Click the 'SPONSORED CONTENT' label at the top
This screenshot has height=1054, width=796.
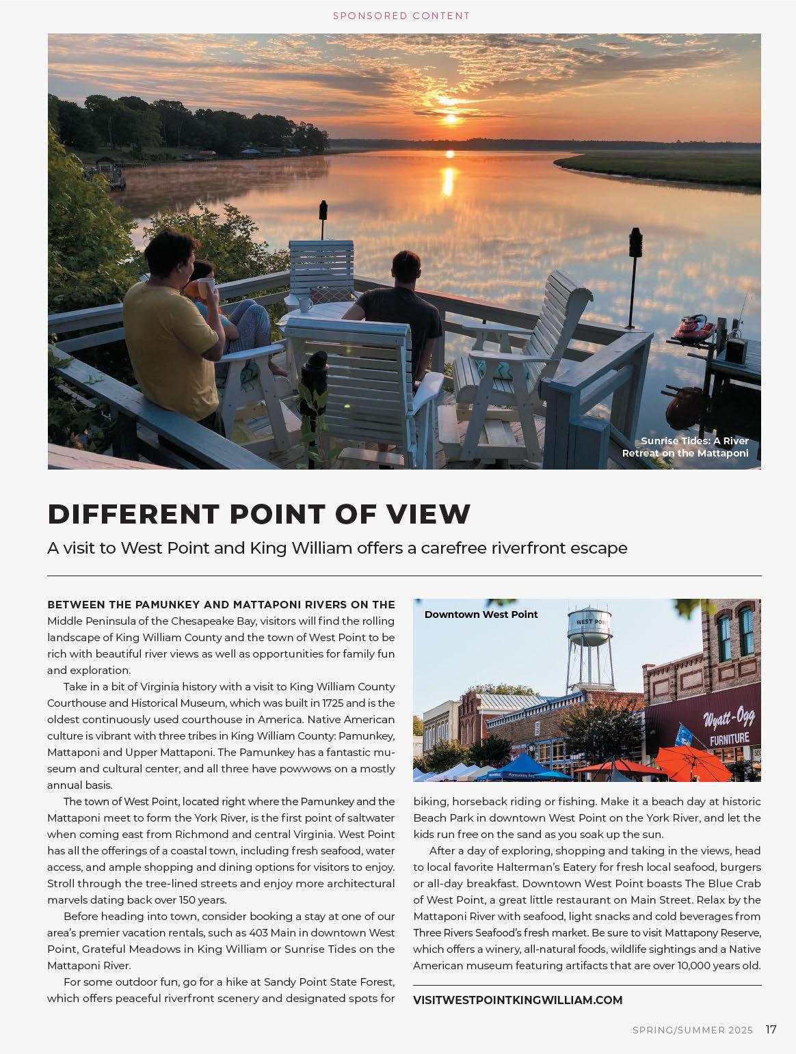pyautogui.click(x=401, y=15)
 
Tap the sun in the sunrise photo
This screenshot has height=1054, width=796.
pyautogui.click(x=450, y=119)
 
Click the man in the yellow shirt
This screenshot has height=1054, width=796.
pyautogui.click(x=168, y=321)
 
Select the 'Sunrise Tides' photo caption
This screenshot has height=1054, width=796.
pyautogui.click(x=685, y=447)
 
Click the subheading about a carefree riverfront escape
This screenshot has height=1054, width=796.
pyautogui.click(x=337, y=548)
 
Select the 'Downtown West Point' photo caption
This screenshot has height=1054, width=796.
pyautogui.click(x=481, y=614)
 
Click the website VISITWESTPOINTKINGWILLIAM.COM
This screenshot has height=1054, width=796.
pyautogui.click(x=518, y=1000)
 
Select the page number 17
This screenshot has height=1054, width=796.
pyautogui.click(x=771, y=1029)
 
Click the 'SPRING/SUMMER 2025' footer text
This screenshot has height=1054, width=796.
pyautogui.click(x=692, y=1030)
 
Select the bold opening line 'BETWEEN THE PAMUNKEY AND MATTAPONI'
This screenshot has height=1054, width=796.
pyautogui.click(x=221, y=604)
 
